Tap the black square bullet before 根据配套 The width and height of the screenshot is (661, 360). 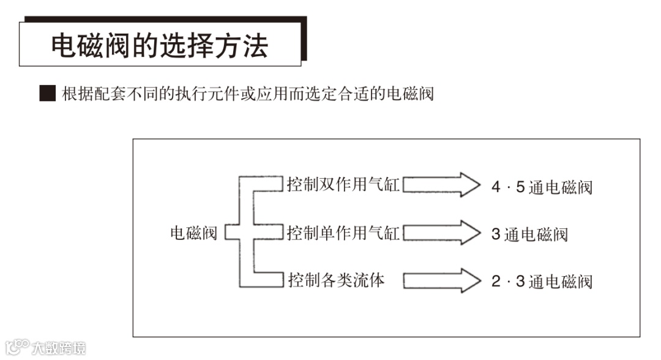[x=47, y=94]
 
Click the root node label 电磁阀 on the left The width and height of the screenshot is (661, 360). [x=193, y=233]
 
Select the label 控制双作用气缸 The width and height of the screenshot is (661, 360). [x=343, y=184]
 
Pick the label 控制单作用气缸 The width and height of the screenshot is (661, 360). [x=343, y=233]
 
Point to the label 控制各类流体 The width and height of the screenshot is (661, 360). [x=336, y=281]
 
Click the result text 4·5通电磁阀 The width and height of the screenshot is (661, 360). [x=542, y=187]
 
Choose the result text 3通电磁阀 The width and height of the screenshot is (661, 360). [x=529, y=234]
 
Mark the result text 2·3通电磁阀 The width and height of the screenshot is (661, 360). [x=542, y=282]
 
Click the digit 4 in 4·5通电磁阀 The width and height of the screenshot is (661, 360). [x=496, y=187]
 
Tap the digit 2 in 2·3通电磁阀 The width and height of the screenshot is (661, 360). [x=496, y=282]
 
